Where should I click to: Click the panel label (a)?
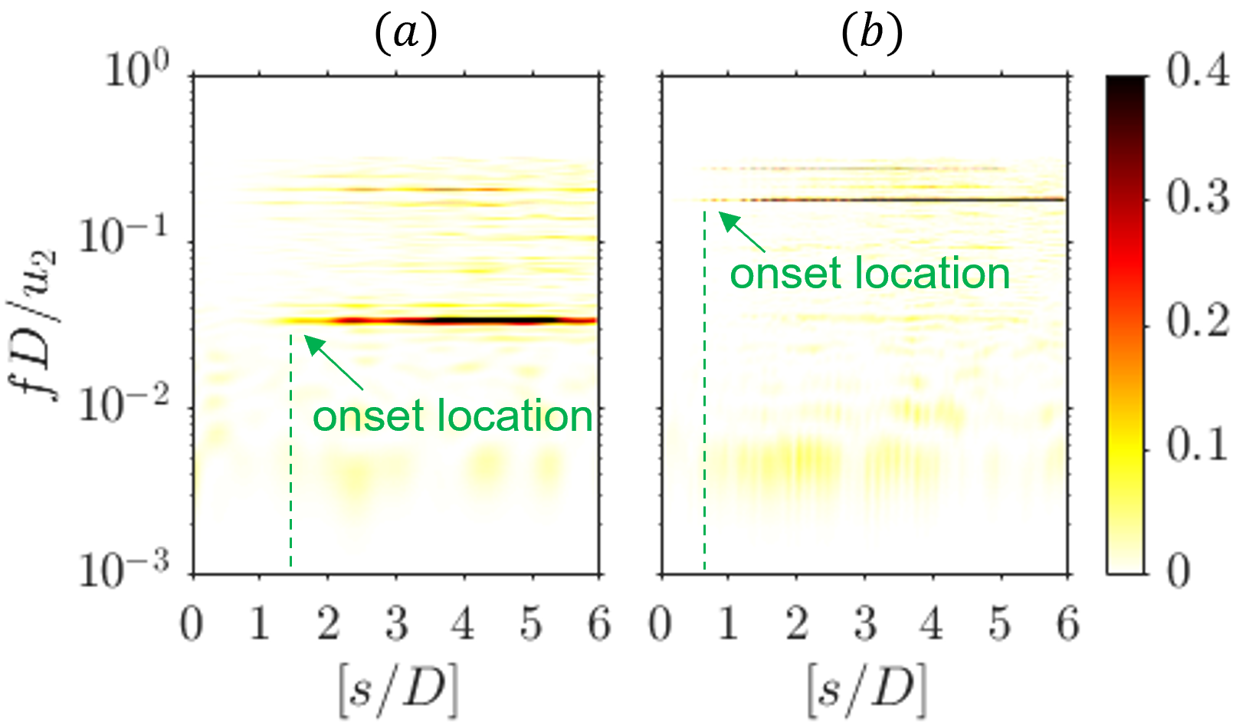[406, 34]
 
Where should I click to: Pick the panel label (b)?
[872, 34]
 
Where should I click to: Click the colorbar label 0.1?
[1198, 445]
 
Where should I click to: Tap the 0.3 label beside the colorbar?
[1198, 197]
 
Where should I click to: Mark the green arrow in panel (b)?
[743, 232]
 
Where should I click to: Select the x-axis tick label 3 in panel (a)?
[396, 624]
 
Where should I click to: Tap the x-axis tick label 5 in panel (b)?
[999, 624]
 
